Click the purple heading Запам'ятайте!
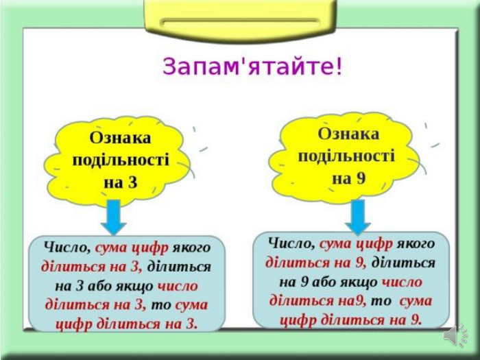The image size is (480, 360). [x=252, y=67]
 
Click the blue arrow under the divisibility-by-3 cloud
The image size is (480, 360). [x=114, y=217]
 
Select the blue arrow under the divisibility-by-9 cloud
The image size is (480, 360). [x=358, y=217]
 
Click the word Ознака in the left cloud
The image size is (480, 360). [x=120, y=138]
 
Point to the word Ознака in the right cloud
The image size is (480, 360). [x=348, y=134]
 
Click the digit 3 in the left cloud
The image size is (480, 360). [x=132, y=182]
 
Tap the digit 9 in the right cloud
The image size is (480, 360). [x=361, y=178]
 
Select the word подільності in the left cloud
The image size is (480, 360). [x=121, y=160]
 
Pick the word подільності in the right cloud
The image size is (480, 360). [x=347, y=156]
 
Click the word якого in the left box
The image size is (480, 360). [x=191, y=248]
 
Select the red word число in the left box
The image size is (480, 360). [x=178, y=286]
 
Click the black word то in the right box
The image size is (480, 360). [x=381, y=301]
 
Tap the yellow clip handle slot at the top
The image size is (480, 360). [x=241, y=23]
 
